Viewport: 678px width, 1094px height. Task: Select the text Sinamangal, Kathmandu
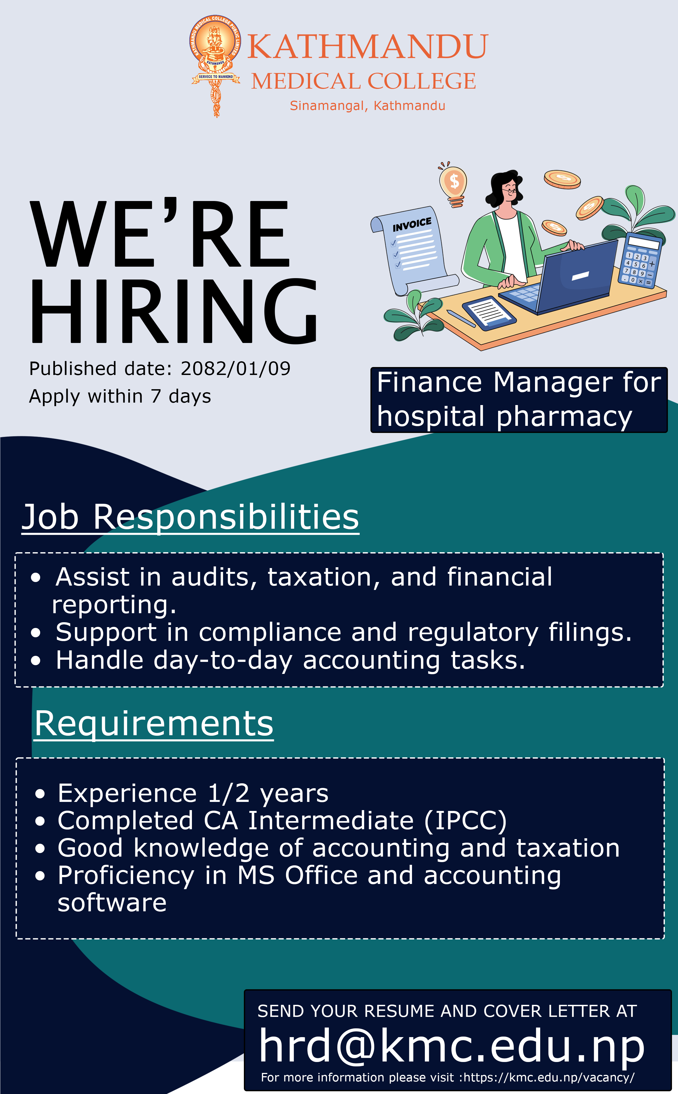(x=367, y=106)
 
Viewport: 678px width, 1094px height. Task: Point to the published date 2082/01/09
(x=235, y=369)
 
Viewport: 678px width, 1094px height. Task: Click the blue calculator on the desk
(x=640, y=260)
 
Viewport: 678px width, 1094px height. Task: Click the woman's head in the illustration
(x=506, y=188)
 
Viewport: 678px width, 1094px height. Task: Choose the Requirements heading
(x=154, y=724)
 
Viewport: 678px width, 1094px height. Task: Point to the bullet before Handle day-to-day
(x=36, y=661)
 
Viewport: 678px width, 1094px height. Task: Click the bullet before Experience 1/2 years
(x=40, y=794)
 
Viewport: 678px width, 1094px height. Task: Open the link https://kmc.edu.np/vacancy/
(x=549, y=1077)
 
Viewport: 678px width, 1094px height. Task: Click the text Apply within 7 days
(x=120, y=397)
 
